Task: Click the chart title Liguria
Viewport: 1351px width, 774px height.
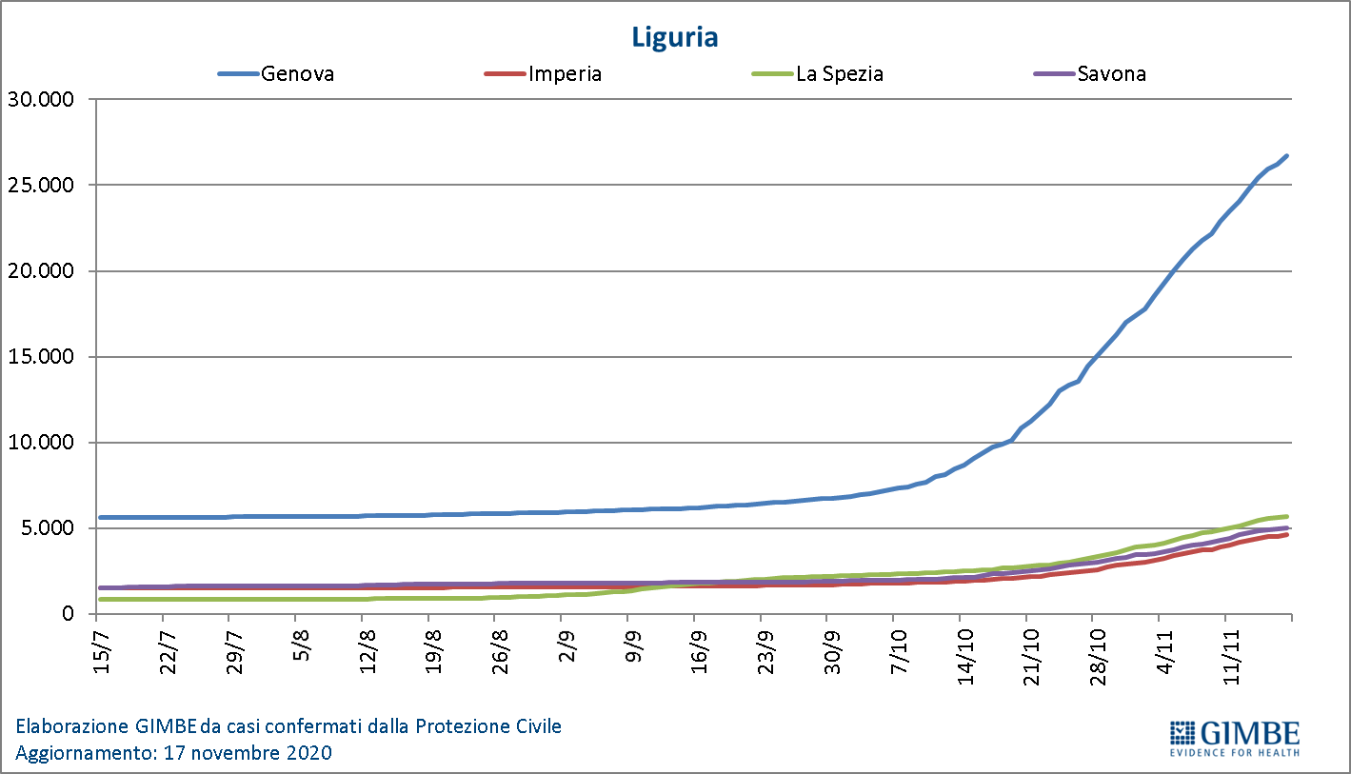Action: coord(674,37)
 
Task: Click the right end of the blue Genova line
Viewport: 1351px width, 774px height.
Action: coord(1287,155)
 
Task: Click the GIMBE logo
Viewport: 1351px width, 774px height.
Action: coord(1234,737)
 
